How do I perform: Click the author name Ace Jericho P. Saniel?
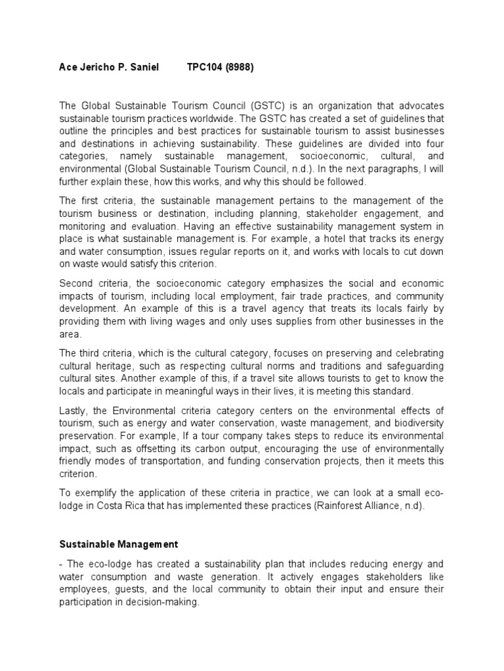click(109, 67)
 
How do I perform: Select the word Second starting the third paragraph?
click(77, 283)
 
